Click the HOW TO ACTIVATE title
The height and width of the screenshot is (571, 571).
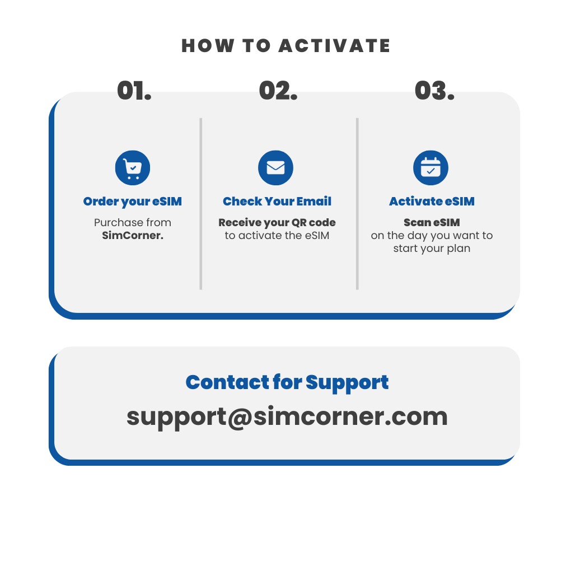point(286,46)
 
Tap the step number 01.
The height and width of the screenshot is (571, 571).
point(134,90)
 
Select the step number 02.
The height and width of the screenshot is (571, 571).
point(278,90)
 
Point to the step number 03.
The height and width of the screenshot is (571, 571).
point(434,90)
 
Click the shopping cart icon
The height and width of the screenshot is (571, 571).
point(133,168)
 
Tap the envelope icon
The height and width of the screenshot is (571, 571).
point(275,168)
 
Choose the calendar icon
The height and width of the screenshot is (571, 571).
point(431,168)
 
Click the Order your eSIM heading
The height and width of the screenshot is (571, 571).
point(133,202)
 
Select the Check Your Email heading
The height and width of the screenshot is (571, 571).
point(277,201)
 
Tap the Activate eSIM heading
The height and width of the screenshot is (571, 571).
point(432,201)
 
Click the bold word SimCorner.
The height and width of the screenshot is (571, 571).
point(133,235)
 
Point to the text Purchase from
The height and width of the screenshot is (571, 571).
point(133,222)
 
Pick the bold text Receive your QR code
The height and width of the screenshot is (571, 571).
point(277,222)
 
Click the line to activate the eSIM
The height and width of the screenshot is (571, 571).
point(277,235)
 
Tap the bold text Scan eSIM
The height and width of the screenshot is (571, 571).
point(432,222)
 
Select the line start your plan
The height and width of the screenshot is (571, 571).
point(432,249)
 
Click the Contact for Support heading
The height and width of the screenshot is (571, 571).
point(287,383)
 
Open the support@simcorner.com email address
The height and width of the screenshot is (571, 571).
point(287,417)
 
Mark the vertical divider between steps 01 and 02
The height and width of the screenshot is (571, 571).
point(200,204)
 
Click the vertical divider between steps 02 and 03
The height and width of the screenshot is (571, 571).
point(357,204)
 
